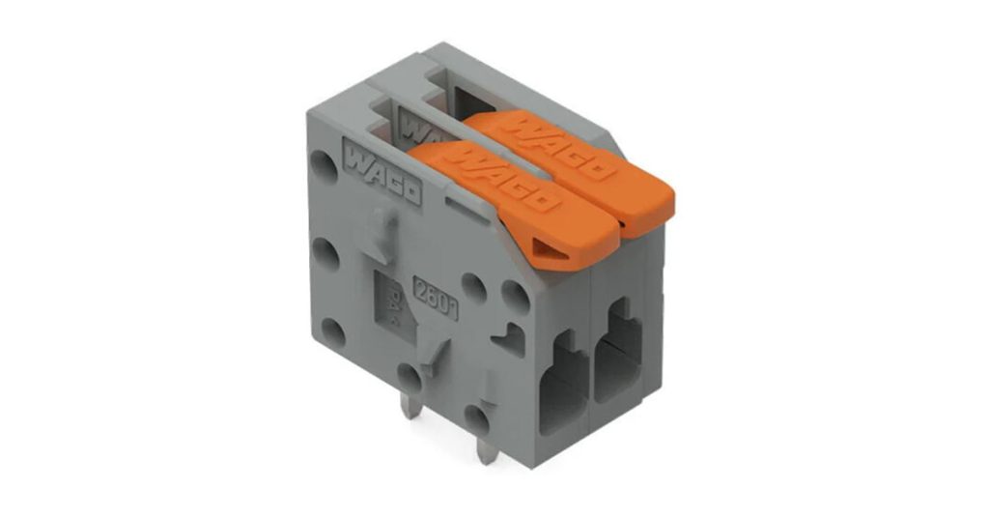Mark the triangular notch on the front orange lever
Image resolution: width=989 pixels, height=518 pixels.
coord(548,250)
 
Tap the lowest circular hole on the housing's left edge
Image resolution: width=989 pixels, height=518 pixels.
coord(332,335)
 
